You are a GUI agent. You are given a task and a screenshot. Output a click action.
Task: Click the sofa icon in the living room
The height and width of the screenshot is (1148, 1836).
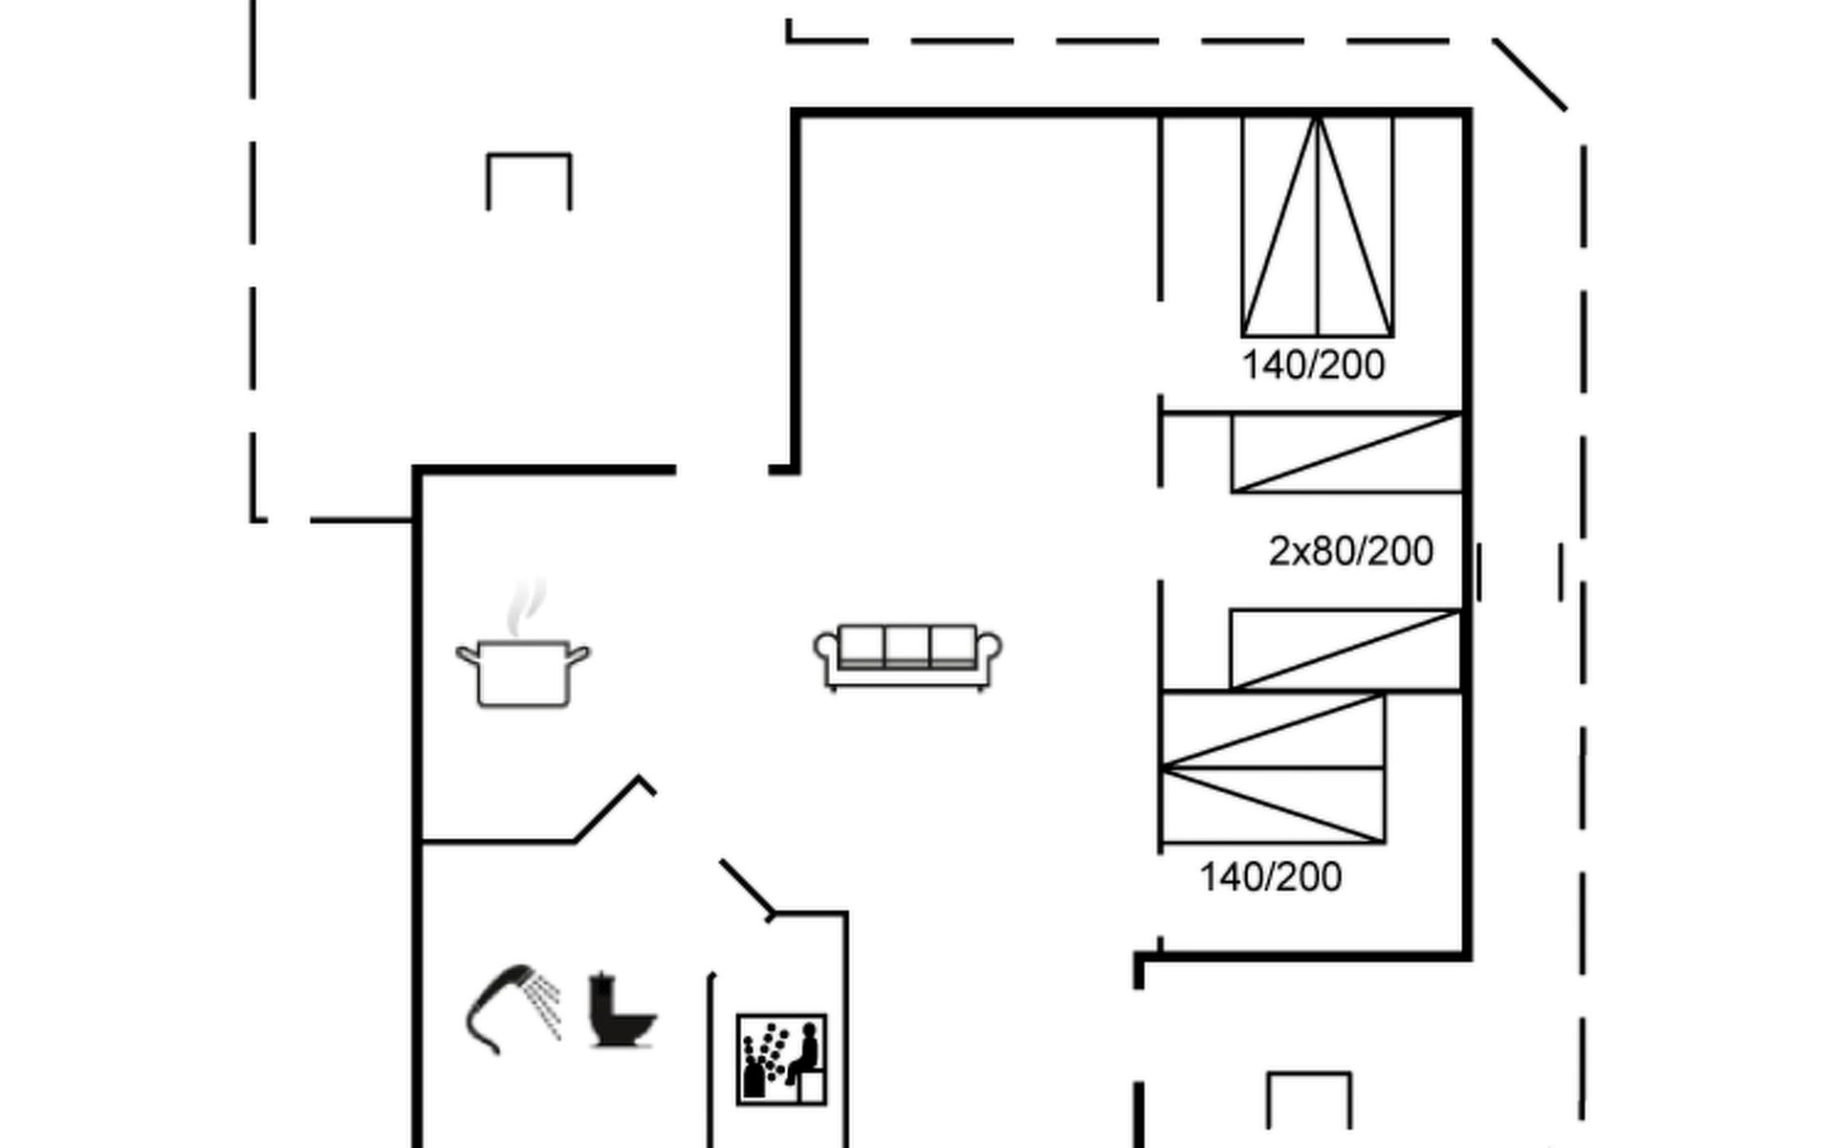click(907, 657)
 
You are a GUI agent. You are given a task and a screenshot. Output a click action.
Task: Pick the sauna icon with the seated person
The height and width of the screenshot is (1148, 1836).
click(781, 1060)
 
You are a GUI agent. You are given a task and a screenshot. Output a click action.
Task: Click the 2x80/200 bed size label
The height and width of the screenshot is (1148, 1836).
click(1350, 551)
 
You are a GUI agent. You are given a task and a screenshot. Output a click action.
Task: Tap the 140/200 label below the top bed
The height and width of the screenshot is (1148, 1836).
click(1313, 365)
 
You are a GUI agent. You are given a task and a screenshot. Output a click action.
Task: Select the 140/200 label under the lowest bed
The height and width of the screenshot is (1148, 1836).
click(1271, 877)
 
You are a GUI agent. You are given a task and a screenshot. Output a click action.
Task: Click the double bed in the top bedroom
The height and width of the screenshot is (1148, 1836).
click(1317, 226)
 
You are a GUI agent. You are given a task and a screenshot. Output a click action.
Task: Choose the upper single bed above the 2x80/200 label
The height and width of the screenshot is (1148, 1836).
click(1346, 453)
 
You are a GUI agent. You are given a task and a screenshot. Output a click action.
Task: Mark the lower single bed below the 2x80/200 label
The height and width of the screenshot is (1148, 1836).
click(1345, 649)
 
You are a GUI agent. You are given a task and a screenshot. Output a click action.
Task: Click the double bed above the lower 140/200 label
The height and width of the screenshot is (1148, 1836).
click(1273, 768)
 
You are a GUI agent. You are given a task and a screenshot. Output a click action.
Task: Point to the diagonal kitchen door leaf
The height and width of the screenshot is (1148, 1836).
click(608, 808)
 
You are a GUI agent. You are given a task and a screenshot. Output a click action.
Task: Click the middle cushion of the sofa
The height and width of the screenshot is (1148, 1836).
click(907, 646)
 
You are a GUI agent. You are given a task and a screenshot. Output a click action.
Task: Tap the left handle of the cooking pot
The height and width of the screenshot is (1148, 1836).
click(468, 655)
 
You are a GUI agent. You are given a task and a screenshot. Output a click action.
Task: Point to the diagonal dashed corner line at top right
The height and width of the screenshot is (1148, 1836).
click(1530, 75)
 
